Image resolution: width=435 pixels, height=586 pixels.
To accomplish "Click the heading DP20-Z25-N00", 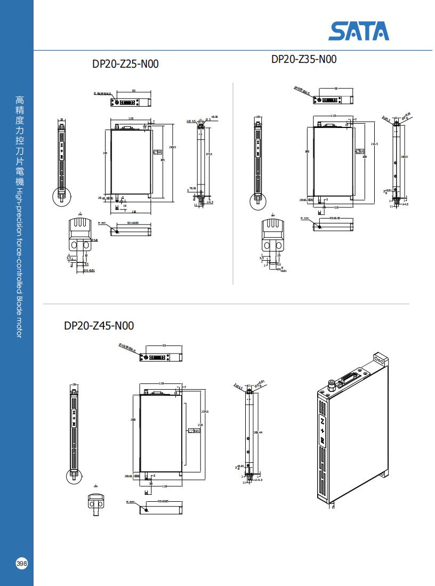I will [x=125, y=64].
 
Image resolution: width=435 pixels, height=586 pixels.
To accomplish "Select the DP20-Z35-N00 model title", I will [x=304, y=59].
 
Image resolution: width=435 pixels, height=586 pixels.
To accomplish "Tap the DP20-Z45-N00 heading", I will [x=99, y=325].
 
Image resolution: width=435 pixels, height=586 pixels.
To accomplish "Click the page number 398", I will [x=22, y=564].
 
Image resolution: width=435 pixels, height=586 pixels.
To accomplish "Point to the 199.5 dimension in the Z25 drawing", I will [x=172, y=147].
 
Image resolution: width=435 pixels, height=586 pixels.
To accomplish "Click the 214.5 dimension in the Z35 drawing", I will [x=374, y=144].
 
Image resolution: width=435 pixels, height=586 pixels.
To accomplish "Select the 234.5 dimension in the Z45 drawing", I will [x=205, y=411].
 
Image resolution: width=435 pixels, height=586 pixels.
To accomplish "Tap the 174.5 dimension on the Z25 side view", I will [x=209, y=155].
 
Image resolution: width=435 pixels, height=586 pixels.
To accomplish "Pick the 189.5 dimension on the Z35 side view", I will [x=404, y=157].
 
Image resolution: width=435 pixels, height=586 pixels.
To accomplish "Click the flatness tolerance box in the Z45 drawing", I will [x=194, y=431].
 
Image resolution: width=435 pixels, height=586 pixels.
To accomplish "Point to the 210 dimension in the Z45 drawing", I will [x=200, y=425].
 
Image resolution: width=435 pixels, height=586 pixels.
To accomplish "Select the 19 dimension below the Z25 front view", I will [x=124, y=205].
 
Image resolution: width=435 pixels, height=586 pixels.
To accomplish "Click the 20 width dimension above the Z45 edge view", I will [x=74, y=384].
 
